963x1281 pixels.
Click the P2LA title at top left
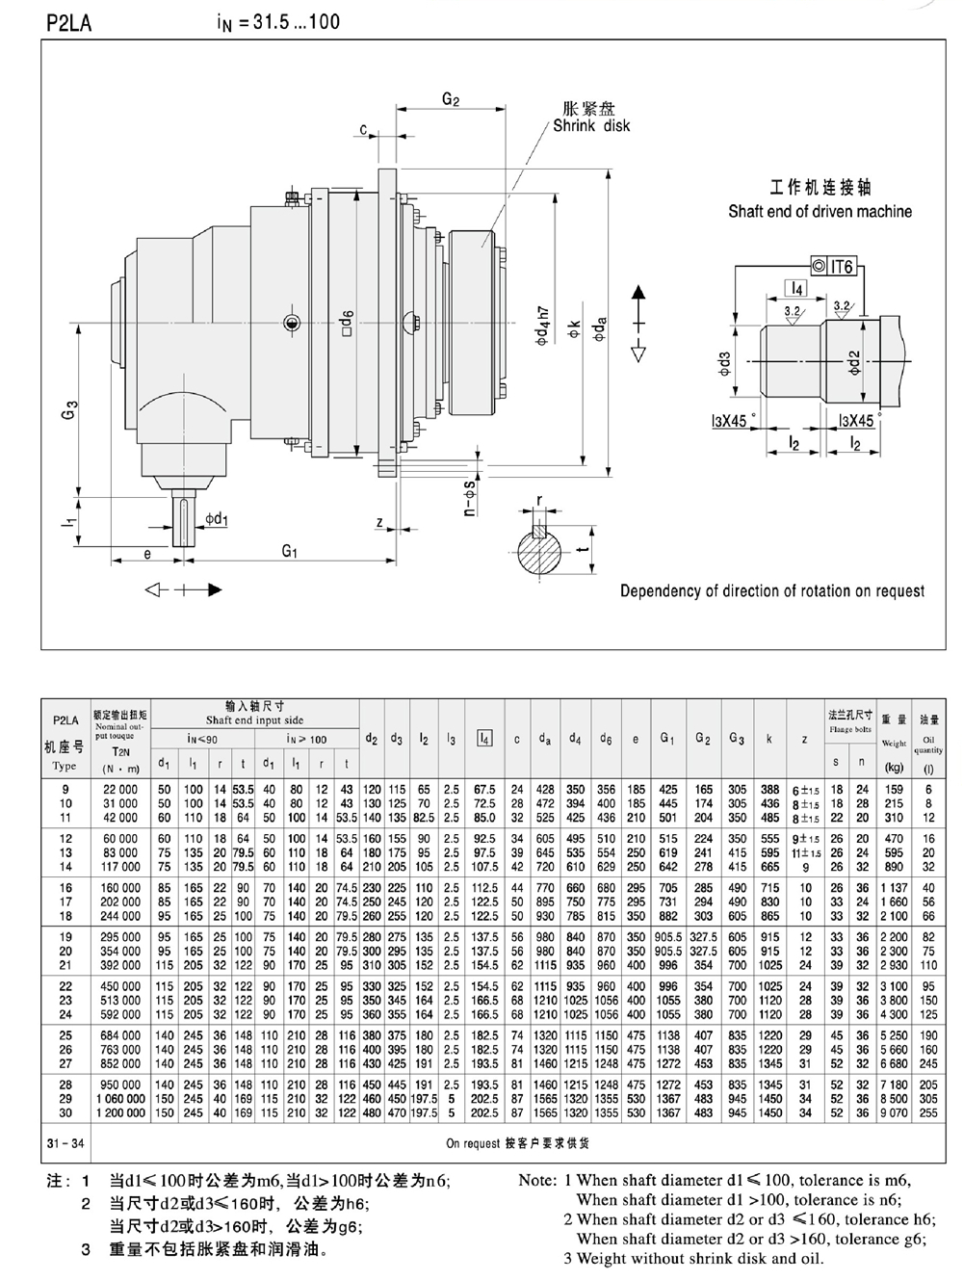tap(68, 23)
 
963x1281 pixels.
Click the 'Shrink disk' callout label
tap(591, 125)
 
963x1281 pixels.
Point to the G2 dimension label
tap(451, 99)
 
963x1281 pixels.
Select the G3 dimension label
tap(70, 409)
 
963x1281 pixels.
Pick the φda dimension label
tap(600, 329)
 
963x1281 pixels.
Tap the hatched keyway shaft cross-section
tap(540, 550)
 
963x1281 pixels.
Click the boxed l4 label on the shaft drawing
tap(796, 288)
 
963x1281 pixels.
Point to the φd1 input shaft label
tap(216, 518)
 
